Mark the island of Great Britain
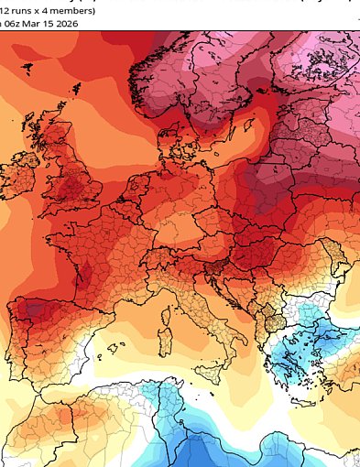click(77, 174)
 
